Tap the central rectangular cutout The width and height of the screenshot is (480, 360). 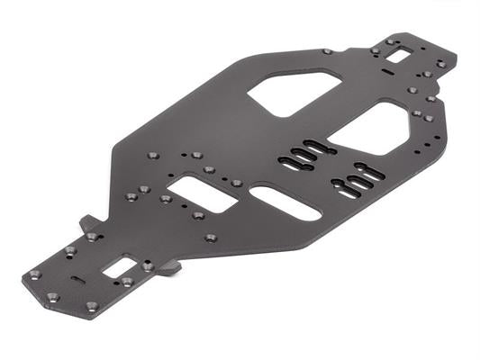tap(201, 193)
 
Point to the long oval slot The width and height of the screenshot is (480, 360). tap(285, 203)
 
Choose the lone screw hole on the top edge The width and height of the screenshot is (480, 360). tap(327, 51)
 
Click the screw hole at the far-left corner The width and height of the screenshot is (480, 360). tap(34, 274)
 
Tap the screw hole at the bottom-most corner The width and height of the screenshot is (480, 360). tap(91, 306)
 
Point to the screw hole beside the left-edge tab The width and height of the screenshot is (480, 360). tap(91, 237)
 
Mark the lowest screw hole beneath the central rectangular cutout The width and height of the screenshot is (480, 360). tap(211, 238)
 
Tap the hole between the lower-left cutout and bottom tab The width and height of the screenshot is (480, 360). tap(147, 266)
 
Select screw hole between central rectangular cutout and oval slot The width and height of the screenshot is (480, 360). tap(237, 183)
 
